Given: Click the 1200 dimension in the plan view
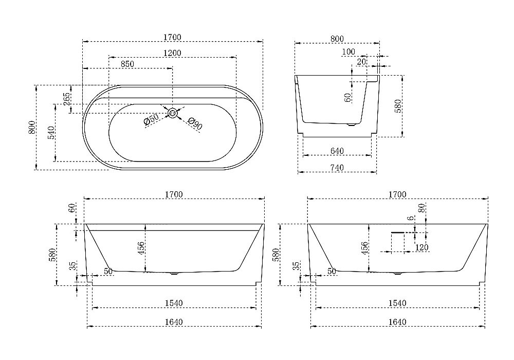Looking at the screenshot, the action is click(x=172, y=53).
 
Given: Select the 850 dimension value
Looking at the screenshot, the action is click(x=127, y=64).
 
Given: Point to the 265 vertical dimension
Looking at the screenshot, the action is click(x=66, y=99).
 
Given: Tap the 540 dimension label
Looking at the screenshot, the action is click(x=51, y=133).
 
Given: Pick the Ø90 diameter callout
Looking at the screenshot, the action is click(x=195, y=123).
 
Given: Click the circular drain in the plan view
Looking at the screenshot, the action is click(x=172, y=113).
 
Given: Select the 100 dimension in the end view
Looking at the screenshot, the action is click(x=348, y=51).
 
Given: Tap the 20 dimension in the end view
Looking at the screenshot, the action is click(x=361, y=61).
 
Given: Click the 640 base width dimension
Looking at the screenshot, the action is click(x=337, y=151).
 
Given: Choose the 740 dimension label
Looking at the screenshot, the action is click(x=337, y=168).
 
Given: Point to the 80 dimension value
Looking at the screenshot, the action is click(x=421, y=208).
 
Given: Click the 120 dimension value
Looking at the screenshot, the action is click(x=421, y=247).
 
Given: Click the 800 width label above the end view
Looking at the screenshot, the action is click(x=337, y=39).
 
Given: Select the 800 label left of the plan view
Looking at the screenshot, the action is click(x=31, y=127).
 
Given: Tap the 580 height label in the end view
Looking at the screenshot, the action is click(x=398, y=106).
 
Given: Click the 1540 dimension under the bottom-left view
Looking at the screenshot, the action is click(x=174, y=303).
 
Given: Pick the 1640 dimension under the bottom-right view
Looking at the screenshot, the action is click(x=397, y=322).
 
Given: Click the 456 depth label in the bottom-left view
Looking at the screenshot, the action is click(x=141, y=248).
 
